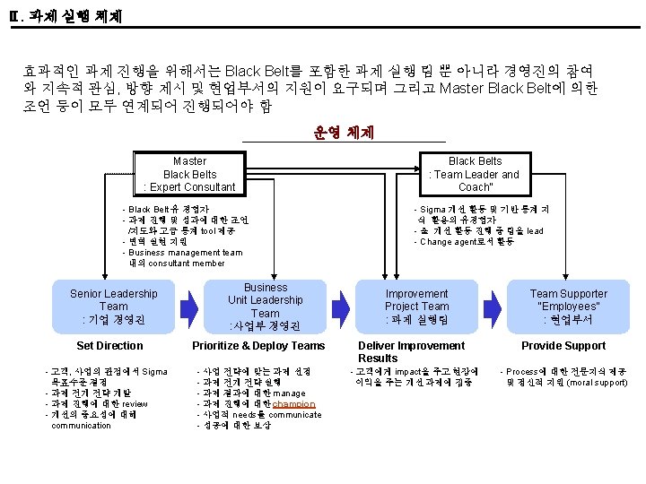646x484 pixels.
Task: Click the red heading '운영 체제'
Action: coord(344,133)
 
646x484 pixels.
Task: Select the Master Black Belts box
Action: coord(189,174)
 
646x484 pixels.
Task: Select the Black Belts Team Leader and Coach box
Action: coord(475,174)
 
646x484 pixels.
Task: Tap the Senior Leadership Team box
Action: coord(114,307)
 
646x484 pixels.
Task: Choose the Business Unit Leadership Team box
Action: coord(266,307)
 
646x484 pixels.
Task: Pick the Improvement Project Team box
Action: coord(417,307)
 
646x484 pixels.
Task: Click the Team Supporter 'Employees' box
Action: coord(569,307)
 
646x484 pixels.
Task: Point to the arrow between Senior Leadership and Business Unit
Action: coord(189,307)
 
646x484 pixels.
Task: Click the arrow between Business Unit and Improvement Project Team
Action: coord(342,307)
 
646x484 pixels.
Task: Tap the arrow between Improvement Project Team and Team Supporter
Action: coord(493,307)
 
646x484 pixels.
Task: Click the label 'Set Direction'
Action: coord(109,346)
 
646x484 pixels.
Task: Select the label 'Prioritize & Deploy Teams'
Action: coord(258,346)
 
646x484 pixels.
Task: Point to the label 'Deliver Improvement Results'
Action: coord(412,351)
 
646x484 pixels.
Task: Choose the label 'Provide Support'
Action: coord(564,346)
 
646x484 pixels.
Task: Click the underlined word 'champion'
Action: coord(294,404)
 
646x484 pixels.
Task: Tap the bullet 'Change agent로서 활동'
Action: coord(467,242)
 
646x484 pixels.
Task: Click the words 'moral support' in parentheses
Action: coord(591,383)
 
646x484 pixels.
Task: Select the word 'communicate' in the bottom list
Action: coord(290,415)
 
